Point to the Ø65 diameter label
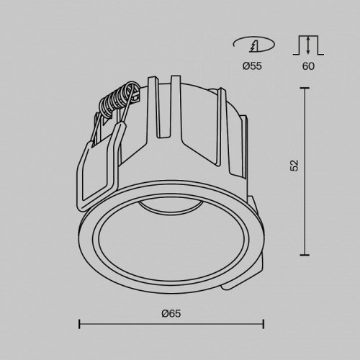(x=171, y=313)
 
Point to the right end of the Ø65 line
(x=263, y=323)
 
